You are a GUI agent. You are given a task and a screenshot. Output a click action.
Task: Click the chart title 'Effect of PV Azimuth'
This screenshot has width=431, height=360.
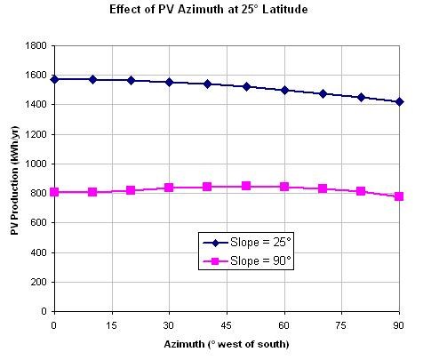tap(166, 10)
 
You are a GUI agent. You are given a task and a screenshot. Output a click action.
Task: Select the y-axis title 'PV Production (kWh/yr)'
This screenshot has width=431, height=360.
tap(14, 180)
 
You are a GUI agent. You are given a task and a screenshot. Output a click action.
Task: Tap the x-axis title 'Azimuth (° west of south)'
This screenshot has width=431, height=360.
tap(227, 344)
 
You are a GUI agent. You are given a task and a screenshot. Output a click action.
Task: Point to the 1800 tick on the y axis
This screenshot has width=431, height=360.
tap(36, 45)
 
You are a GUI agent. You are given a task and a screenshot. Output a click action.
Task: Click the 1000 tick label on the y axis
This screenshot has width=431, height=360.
tap(36, 164)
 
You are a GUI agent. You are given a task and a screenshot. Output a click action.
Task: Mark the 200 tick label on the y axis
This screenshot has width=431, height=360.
tap(38, 282)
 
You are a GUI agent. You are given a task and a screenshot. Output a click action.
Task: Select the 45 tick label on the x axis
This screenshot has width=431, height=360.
tap(227, 325)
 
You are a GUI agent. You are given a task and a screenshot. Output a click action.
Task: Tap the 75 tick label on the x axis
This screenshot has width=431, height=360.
tap(341, 325)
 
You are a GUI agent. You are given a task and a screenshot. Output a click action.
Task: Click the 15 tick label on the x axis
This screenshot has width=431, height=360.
tap(111, 325)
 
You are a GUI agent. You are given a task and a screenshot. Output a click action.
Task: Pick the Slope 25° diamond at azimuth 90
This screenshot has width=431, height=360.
tap(399, 102)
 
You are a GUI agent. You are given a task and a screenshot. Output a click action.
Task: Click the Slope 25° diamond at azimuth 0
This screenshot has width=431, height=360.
tap(54, 79)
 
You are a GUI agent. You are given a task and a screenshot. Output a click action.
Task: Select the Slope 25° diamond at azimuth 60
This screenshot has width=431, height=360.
tap(284, 90)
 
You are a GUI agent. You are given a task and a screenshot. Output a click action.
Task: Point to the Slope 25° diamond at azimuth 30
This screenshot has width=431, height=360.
tap(169, 82)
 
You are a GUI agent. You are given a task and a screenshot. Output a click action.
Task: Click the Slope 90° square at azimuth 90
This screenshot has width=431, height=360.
tap(399, 196)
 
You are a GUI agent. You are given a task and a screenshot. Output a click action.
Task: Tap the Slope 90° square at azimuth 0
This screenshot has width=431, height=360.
tap(54, 192)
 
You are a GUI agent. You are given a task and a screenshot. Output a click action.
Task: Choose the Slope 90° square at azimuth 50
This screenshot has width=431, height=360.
tap(246, 186)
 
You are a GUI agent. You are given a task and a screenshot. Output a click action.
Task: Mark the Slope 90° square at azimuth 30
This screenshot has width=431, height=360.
tap(169, 188)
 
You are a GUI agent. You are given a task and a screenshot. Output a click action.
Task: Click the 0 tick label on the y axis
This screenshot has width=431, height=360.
tap(44, 311)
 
